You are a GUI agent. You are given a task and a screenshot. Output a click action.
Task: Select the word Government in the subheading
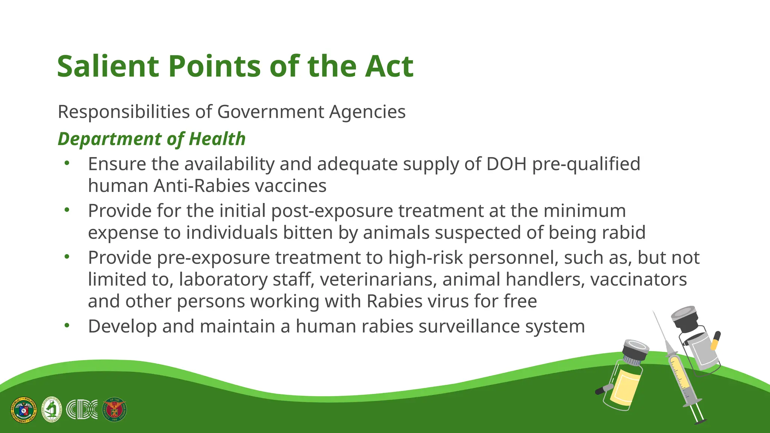point(270,112)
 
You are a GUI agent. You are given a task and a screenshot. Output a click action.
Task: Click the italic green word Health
point(217,139)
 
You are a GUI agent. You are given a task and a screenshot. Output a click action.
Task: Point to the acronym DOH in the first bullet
point(506,164)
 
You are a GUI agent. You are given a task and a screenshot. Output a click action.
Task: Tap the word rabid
point(624,232)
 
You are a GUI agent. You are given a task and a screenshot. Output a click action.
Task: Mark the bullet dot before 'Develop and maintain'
point(67,326)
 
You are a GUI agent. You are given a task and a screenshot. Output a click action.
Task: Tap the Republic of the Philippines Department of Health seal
point(24,410)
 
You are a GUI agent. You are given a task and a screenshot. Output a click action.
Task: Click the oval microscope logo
point(52,409)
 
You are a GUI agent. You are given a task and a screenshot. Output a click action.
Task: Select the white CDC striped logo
point(82,409)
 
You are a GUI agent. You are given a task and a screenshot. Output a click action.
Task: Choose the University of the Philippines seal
point(114,409)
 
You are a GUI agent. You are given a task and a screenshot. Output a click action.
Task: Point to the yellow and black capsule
point(715,340)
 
